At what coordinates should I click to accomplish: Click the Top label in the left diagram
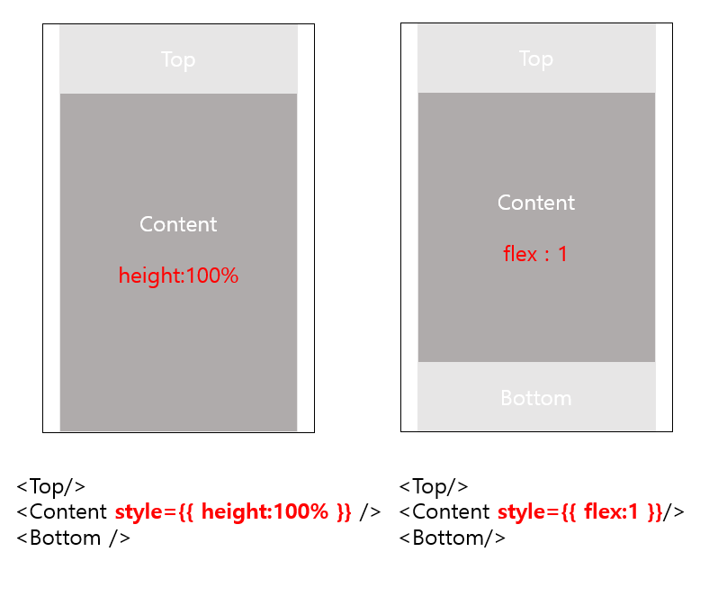click(x=178, y=59)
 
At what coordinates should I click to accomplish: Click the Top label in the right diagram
click(x=536, y=59)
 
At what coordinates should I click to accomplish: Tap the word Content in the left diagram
click(x=178, y=224)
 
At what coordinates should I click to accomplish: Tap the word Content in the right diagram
click(x=536, y=203)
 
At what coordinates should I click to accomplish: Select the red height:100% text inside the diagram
click(x=178, y=276)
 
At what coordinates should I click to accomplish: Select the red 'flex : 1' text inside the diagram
click(x=535, y=254)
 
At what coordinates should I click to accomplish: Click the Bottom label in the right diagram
click(x=536, y=398)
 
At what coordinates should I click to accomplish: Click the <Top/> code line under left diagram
click(x=51, y=486)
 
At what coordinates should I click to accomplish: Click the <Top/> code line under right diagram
click(x=434, y=486)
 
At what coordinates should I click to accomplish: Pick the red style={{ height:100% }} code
click(x=233, y=512)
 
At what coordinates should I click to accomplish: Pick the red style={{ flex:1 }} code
click(x=579, y=512)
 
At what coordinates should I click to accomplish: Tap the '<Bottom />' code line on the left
click(x=74, y=538)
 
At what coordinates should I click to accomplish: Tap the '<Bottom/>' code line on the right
click(x=452, y=538)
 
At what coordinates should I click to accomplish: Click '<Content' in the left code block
click(x=62, y=512)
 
